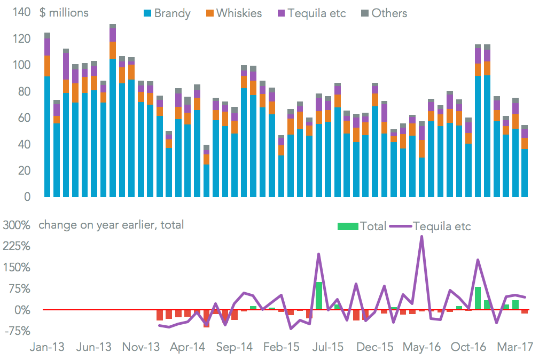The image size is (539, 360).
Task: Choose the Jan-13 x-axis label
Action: point(47,347)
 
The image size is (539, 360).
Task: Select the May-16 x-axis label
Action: point(422,347)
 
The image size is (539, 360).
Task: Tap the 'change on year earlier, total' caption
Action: point(111,225)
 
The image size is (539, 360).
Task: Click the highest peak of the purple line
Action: point(422,236)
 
